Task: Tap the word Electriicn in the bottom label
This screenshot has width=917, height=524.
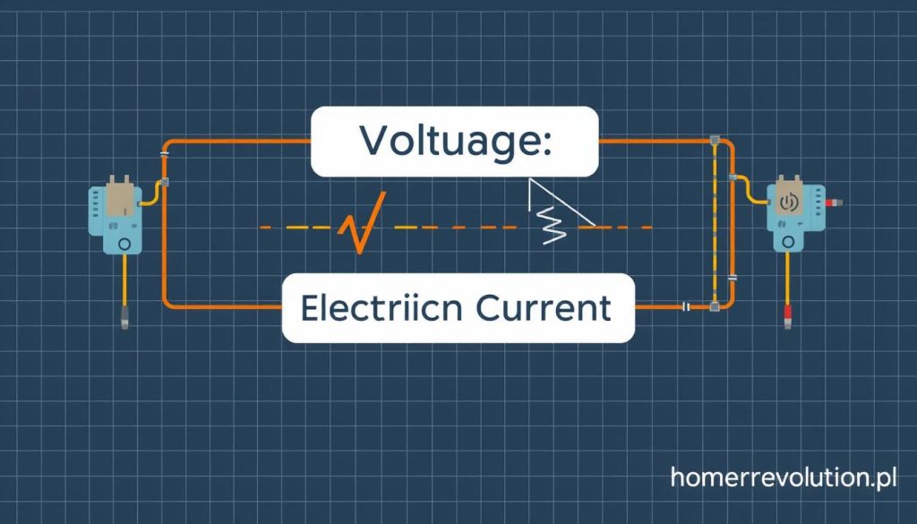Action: pyautogui.click(x=384, y=308)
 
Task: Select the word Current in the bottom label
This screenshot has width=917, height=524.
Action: pyautogui.click(x=544, y=308)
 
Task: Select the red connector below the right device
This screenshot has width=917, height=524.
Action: pyautogui.click(x=788, y=314)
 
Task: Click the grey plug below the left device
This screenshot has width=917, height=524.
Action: pyautogui.click(x=123, y=316)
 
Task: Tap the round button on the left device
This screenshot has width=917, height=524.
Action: pyautogui.click(x=124, y=243)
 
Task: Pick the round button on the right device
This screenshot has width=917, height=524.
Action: pyautogui.click(x=788, y=241)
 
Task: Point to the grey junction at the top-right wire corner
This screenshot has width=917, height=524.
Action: pyautogui.click(x=714, y=141)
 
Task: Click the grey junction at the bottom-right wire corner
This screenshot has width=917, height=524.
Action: pyautogui.click(x=714, y=307)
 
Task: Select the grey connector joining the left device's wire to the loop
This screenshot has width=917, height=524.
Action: pyautogui.click(x=167, y=183)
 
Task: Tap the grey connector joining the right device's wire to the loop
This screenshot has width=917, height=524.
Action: pyautogui.click(x=733, y=178)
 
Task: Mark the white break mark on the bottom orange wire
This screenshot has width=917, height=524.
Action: pyautogui.click(x=684, y=307)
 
